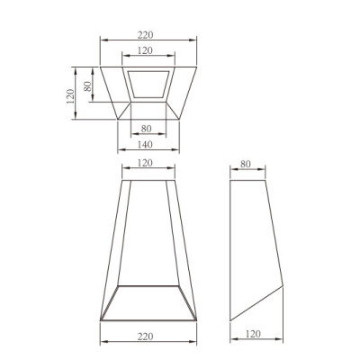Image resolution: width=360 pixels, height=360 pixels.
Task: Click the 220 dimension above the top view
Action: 147,34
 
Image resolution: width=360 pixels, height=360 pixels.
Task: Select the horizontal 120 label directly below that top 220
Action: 147,50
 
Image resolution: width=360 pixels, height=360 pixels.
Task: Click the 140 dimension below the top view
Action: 147,143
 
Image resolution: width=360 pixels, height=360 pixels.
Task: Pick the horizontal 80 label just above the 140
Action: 147,128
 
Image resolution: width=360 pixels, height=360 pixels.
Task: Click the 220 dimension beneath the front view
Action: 147,336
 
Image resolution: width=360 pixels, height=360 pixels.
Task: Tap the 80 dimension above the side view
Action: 248,166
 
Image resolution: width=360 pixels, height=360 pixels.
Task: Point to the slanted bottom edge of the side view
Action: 257,305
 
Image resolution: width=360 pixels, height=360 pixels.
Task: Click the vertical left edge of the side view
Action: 231,252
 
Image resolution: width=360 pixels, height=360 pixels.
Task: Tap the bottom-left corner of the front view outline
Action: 98,321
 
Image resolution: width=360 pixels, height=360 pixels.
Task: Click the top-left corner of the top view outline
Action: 100,65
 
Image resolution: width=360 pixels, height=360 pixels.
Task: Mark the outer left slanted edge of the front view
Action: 110,252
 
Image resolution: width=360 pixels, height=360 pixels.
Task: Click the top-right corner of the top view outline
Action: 197,65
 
